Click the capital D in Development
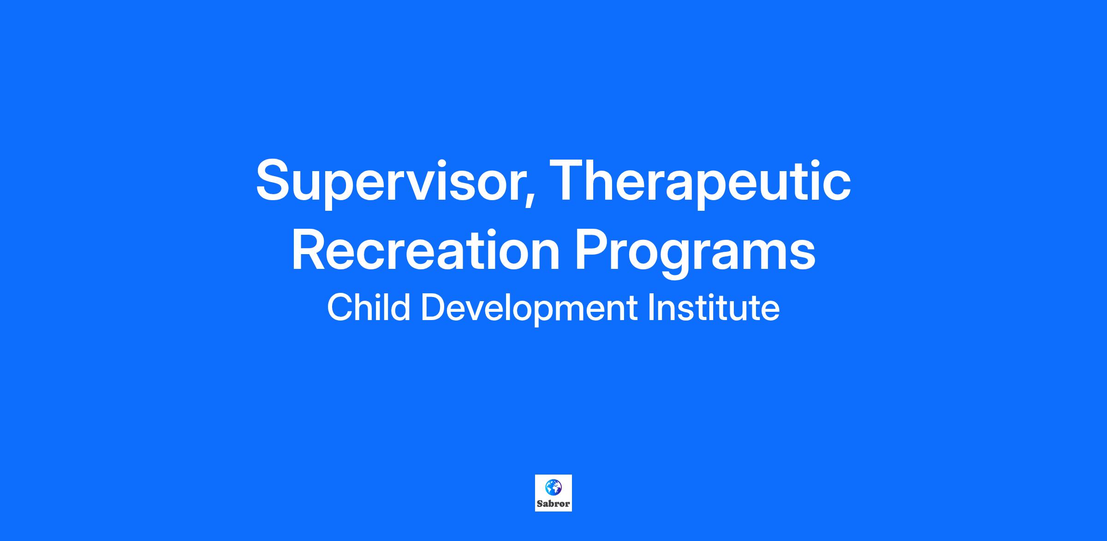[x=433, y=307]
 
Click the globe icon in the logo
[x=553, y=487]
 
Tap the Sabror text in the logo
[x=553, y=504]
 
